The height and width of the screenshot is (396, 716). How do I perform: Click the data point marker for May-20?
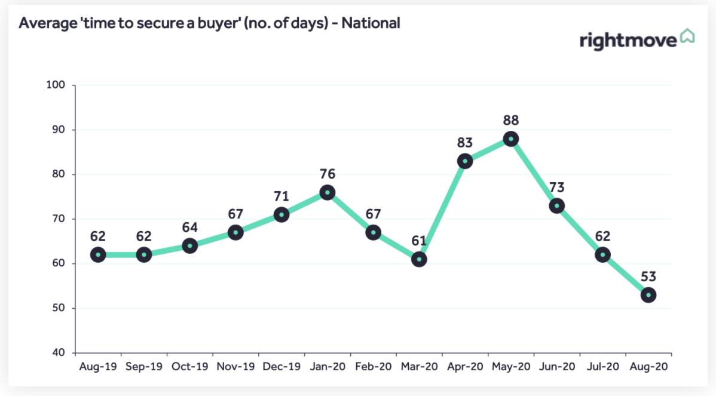[x=510, y=139]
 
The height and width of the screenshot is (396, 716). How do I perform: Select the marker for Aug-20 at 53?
[x=648, y=295]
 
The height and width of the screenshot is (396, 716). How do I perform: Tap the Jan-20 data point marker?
[x=327, y=192]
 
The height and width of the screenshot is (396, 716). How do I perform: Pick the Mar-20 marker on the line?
[x=419, y=259]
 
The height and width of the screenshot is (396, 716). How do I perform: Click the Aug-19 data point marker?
[x=98, y=255]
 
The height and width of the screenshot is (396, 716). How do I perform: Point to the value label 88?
[x=510, y=121]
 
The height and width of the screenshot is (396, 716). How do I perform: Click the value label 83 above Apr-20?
[x=465, y=143]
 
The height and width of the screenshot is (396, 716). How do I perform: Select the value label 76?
[x=327, y=174]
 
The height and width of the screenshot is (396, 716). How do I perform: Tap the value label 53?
[x=648, y=277]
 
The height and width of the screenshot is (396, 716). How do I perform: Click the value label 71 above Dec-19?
[x=281, y=197]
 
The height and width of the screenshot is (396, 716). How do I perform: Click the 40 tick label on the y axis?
[x=59, y=353]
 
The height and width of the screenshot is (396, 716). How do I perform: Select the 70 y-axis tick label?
[x=59, y=219]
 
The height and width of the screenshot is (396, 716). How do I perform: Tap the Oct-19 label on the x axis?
[x=189, y=366]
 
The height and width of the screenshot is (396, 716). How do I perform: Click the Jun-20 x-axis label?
[x=556, y=366]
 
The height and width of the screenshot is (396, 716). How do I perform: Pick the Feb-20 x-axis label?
[x=373, y=366]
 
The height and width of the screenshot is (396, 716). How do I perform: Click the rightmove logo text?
[x=628, y=41]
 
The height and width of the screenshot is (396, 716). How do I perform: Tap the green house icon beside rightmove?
[x=687, y=36]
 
